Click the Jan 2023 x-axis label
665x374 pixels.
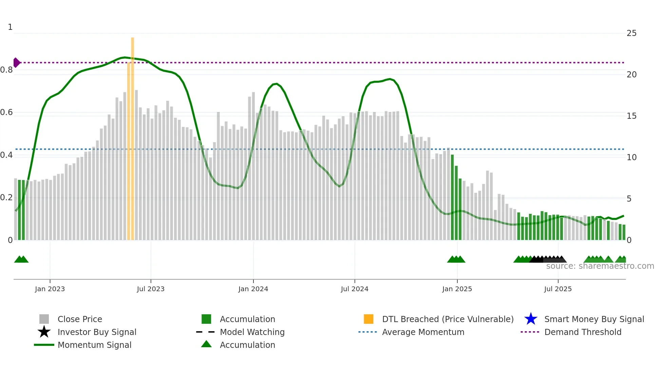point(50,289)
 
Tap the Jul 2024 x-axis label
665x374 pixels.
point(355,289)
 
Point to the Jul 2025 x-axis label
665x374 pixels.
point(558,289)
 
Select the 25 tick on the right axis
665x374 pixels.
point(631,33)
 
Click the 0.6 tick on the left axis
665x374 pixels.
point(6,112)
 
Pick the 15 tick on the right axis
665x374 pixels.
point(631,116)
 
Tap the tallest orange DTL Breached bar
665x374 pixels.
point(132,136)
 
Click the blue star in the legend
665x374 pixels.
point(531,319)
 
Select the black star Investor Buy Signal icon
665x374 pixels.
point(44,332)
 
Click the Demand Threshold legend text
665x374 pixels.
point(583,332)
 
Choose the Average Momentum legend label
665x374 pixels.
point(423,332)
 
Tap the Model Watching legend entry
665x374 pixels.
point(252,332)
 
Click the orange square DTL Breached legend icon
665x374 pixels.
point(368,319)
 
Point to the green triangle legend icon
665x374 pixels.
point(206,344)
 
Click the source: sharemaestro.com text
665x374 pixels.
point(600,266)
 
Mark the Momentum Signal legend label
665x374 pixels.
point(94,345)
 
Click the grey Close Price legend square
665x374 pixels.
point(44,319)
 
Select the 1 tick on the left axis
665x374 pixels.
point(10,27)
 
